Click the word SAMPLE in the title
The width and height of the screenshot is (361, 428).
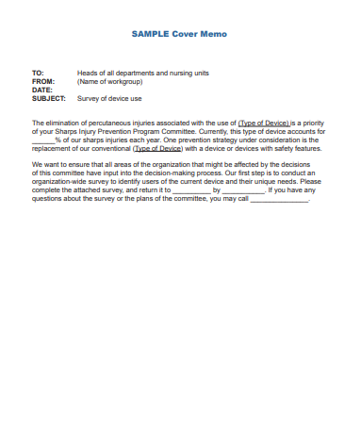click(149, 34)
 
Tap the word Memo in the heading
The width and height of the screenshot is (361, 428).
click(213, 34)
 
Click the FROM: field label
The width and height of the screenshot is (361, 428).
click(43, 81)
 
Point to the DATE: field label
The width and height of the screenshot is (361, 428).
click(42, 90)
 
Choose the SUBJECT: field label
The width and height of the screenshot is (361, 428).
click(49, 98)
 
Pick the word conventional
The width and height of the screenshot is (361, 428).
click(104, 149)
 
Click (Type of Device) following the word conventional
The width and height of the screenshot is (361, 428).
click(157, 149)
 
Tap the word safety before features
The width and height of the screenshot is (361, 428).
click(276, 149)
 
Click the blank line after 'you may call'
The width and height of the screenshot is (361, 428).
click(281, 199)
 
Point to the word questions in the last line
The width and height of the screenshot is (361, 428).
click(49, 199)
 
